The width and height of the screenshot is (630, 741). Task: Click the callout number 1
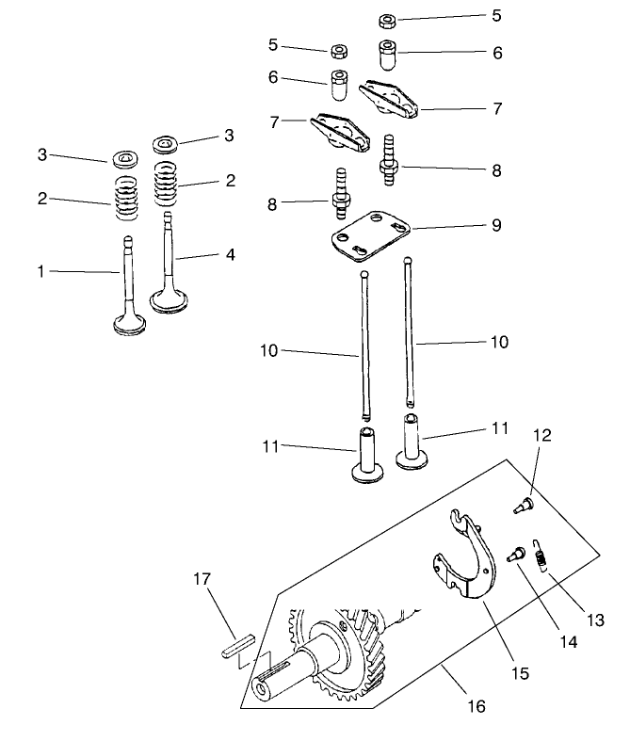point(40,271)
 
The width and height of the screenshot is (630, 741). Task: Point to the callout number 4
point(230,254)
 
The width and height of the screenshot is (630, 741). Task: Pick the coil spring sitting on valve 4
point(166,180)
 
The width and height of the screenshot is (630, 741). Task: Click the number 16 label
point(477,704)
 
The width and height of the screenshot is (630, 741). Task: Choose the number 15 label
point(521,673)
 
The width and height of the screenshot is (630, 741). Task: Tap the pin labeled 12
point(522,507)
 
